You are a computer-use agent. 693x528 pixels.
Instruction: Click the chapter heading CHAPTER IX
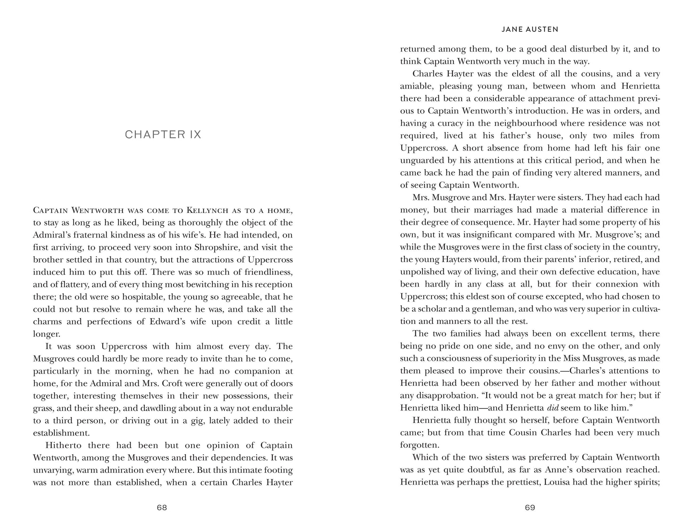coord(163,135)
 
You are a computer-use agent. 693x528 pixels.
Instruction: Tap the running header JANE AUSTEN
coord(530,29)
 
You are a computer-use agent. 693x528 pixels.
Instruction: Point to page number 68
coord(162,508)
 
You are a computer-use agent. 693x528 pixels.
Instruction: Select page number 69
coord(530,508)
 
